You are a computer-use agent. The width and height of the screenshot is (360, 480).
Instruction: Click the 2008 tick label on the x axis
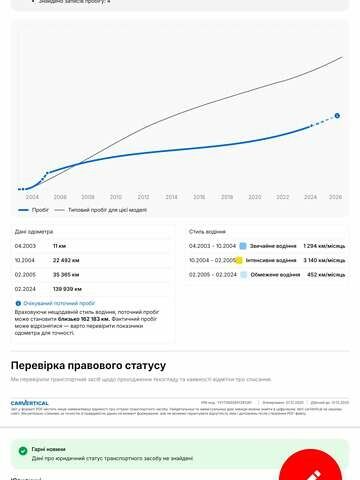tap(88, 197)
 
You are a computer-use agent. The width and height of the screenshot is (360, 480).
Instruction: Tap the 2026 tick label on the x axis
tap(336, 197)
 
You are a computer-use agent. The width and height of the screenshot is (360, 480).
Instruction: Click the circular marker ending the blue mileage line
tap(337, 115)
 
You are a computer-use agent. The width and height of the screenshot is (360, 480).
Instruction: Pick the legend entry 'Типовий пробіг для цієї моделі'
tap(101, 211)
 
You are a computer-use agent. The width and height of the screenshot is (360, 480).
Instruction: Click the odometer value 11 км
tap(59, 245)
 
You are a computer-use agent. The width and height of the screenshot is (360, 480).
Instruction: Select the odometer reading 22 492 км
tap(67, 259)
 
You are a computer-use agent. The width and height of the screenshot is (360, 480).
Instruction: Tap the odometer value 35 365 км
tap(67, 273)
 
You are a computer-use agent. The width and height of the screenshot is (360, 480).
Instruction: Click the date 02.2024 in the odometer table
tap(26, 287)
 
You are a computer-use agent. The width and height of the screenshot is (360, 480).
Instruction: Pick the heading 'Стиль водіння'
tap(207, 231)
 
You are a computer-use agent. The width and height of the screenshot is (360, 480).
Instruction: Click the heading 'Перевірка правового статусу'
tap(88, 366)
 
